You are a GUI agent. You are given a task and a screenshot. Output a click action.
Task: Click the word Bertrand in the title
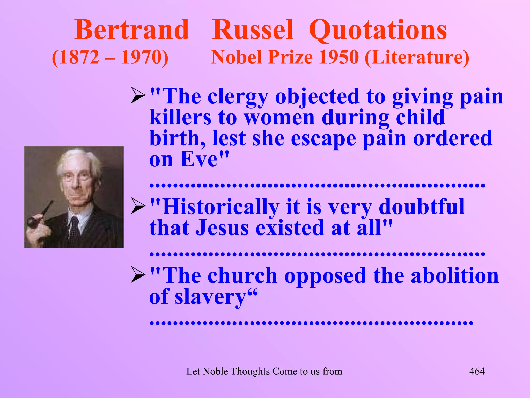coord(132,30)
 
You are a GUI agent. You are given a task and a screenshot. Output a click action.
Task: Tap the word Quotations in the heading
coord(378,31)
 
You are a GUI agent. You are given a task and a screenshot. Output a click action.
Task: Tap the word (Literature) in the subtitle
coord(417,58)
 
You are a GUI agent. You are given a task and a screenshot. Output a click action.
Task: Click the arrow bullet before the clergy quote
coord(138,95)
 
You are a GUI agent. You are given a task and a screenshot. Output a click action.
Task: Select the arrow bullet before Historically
coord(138,206)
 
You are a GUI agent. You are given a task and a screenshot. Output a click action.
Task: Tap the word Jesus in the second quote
coord(222,228)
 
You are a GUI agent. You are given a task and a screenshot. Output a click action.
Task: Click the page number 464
coord(477,371)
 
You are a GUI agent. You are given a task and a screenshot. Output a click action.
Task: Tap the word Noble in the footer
coord(215,371)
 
